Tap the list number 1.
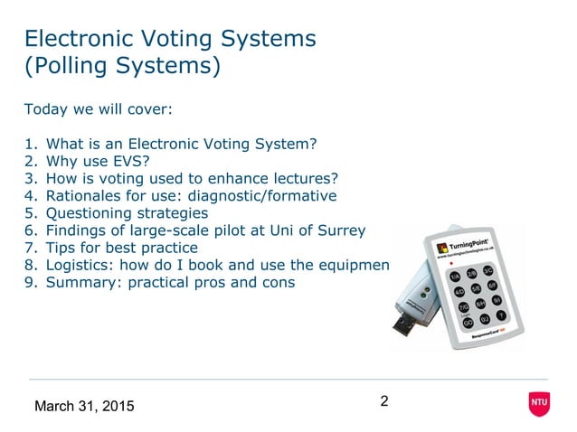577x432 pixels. point(29,143)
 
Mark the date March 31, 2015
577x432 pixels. point(83,406)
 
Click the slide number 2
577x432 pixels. point(384,401)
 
